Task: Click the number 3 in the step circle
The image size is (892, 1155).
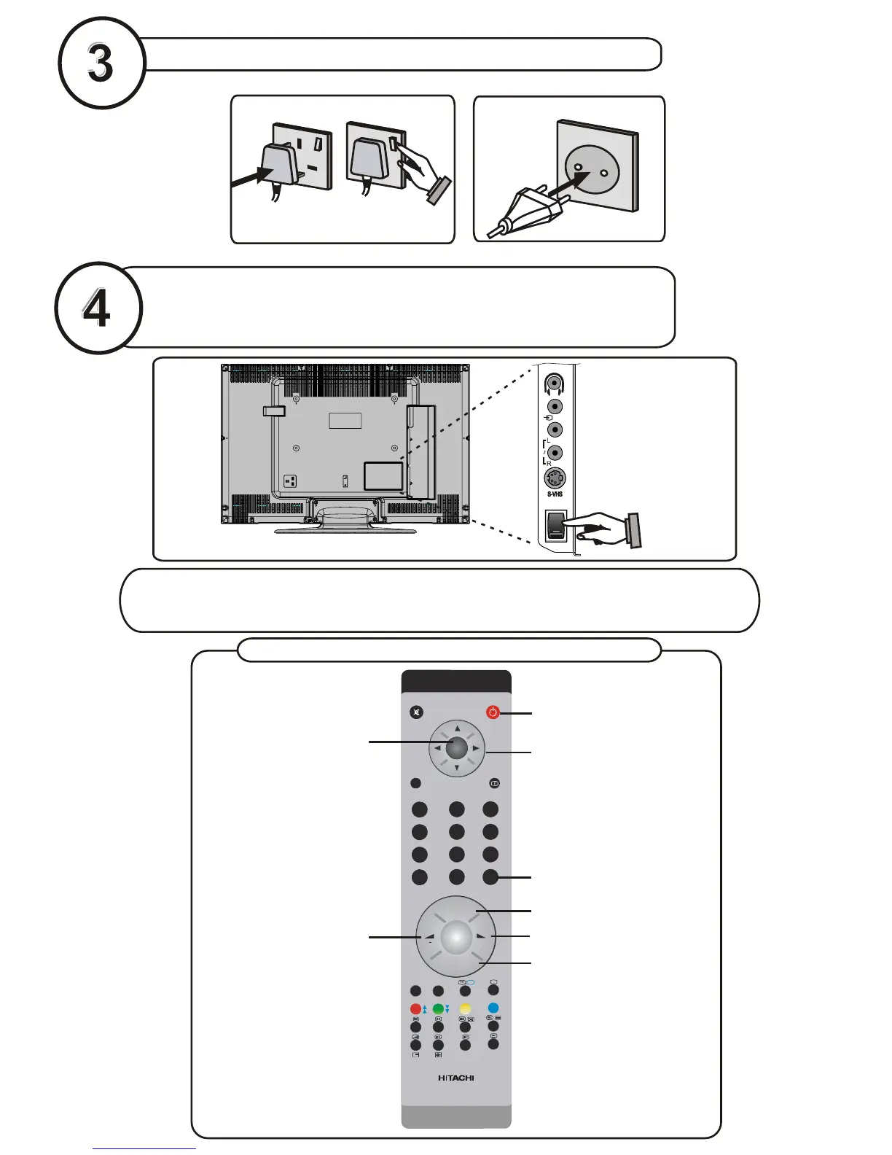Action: point(101,63)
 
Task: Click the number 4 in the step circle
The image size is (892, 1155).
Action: point(96,308)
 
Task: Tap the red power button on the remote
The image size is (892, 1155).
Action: point(493,712)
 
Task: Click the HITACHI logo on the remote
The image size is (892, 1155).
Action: point(456,1078)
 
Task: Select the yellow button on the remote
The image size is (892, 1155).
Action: point(466,1009)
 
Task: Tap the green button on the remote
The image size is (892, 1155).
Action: point(438,1009)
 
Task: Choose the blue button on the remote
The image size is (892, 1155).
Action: point(493,1009)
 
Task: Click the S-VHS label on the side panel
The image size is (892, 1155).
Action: point(555,494)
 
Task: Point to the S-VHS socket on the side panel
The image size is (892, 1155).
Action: point(555,478)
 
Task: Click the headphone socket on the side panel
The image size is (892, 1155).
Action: point(555,383)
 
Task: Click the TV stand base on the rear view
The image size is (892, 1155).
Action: point(345,529)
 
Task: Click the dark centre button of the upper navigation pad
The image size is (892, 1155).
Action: point(457,747)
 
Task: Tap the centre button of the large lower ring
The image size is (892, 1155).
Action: point(455,936)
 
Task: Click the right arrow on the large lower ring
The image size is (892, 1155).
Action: point(481,936)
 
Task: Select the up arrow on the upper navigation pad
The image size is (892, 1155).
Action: point(457,728)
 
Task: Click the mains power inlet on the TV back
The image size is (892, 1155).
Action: point(292,481)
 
